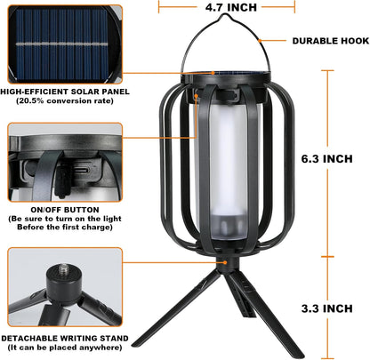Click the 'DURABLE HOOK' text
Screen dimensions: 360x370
tap(318, 41)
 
